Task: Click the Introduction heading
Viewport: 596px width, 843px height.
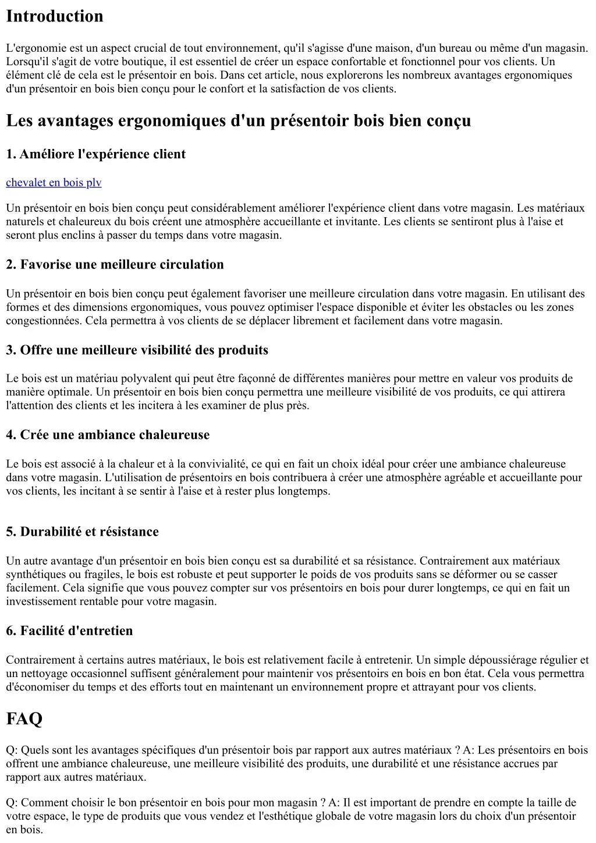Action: pyautogui.click(x=55, y=16)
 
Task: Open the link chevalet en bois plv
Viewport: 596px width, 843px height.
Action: pyautogui.click(x=54, y=183)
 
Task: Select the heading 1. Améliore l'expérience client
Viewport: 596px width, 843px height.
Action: pyautogui.click(x=95, y=154)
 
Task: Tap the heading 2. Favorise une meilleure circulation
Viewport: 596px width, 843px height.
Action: pyautogui.click(x=115, y=264)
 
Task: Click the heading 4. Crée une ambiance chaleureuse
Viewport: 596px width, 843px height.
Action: pyautogui.click(x=108, y=435)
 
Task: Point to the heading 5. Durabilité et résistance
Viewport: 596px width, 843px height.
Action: pyautogui.click(x=82, y=532)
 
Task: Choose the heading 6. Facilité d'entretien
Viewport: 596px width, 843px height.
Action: pyautogui.click(x=69, y=631)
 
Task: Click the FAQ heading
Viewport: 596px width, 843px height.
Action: pyautogui.click(x=24, y=719)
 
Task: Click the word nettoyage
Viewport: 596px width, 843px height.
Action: pyautogui.click(x=39, y=674)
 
